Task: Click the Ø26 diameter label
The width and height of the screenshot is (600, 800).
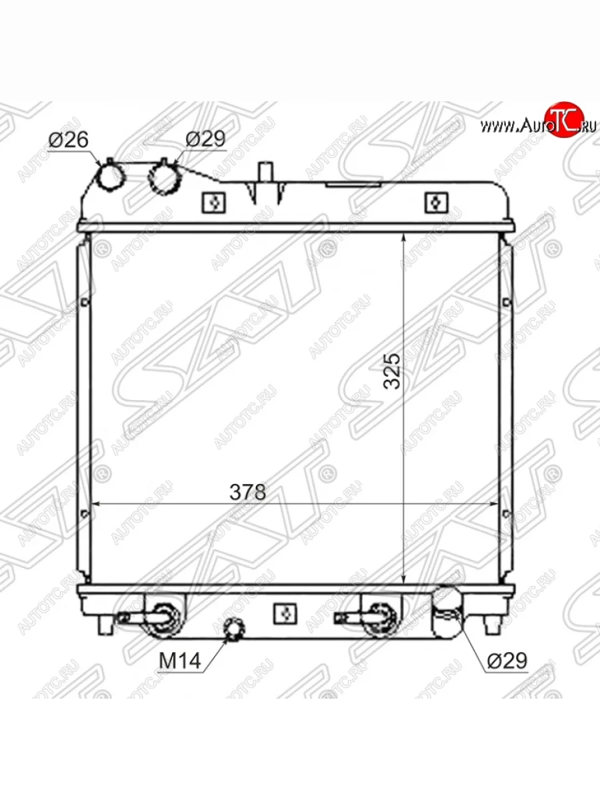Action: (x=69, y=139)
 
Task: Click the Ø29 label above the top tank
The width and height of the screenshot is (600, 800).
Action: (x=205, y=139)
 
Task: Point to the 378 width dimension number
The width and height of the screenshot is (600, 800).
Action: (x=248, y=492)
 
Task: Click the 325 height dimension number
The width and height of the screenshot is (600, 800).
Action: (x=393, y=371)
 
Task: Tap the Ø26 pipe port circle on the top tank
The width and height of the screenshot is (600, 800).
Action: (x=111, y=177)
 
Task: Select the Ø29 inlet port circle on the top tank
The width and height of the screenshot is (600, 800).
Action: (x=164, y=179)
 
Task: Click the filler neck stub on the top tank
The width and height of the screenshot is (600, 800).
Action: (x=266, y=171)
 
